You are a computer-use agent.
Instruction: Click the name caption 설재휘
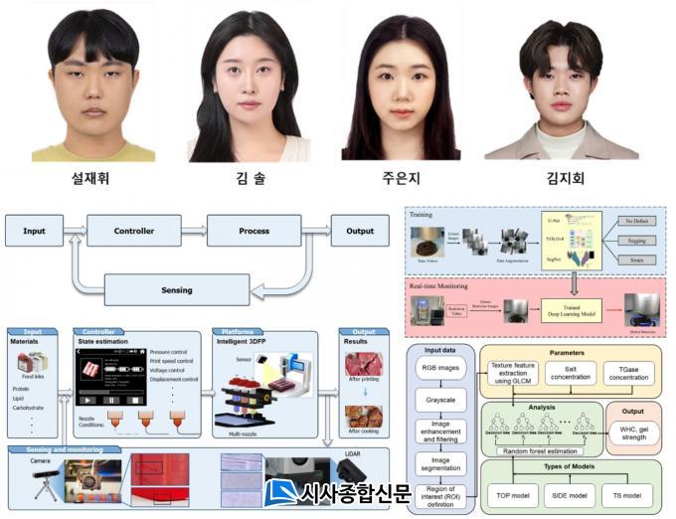(x=92, y=179)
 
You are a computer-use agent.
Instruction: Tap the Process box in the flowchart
(x=253, y=231)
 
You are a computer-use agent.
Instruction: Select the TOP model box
(x=515, y=494)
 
